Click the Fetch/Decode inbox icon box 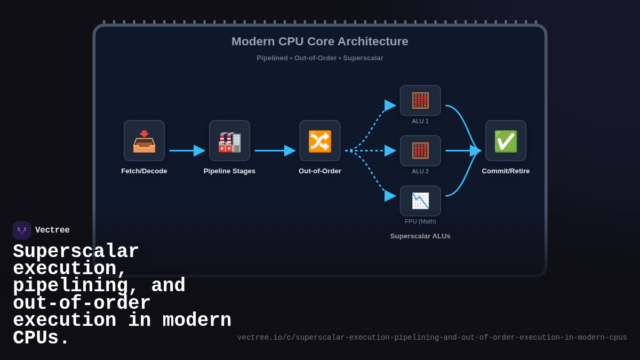(144, 141)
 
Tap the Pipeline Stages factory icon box (229, 141)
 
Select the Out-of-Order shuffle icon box (319, 141)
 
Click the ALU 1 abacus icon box (420, 100)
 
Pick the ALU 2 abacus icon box (420, 150)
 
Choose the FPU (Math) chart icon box (420, 201)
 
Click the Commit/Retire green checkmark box (506, 141)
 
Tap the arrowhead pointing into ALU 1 (390, 105)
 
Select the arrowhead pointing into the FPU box (390, 196)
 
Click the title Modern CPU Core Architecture (319, 41)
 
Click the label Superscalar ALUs (420, 236)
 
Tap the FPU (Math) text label (420, 221)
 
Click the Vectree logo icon (22, 230)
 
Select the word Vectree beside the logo (52, 230)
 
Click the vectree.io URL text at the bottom (432, 338)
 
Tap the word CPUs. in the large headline (41, 338)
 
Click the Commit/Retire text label (506, 171)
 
